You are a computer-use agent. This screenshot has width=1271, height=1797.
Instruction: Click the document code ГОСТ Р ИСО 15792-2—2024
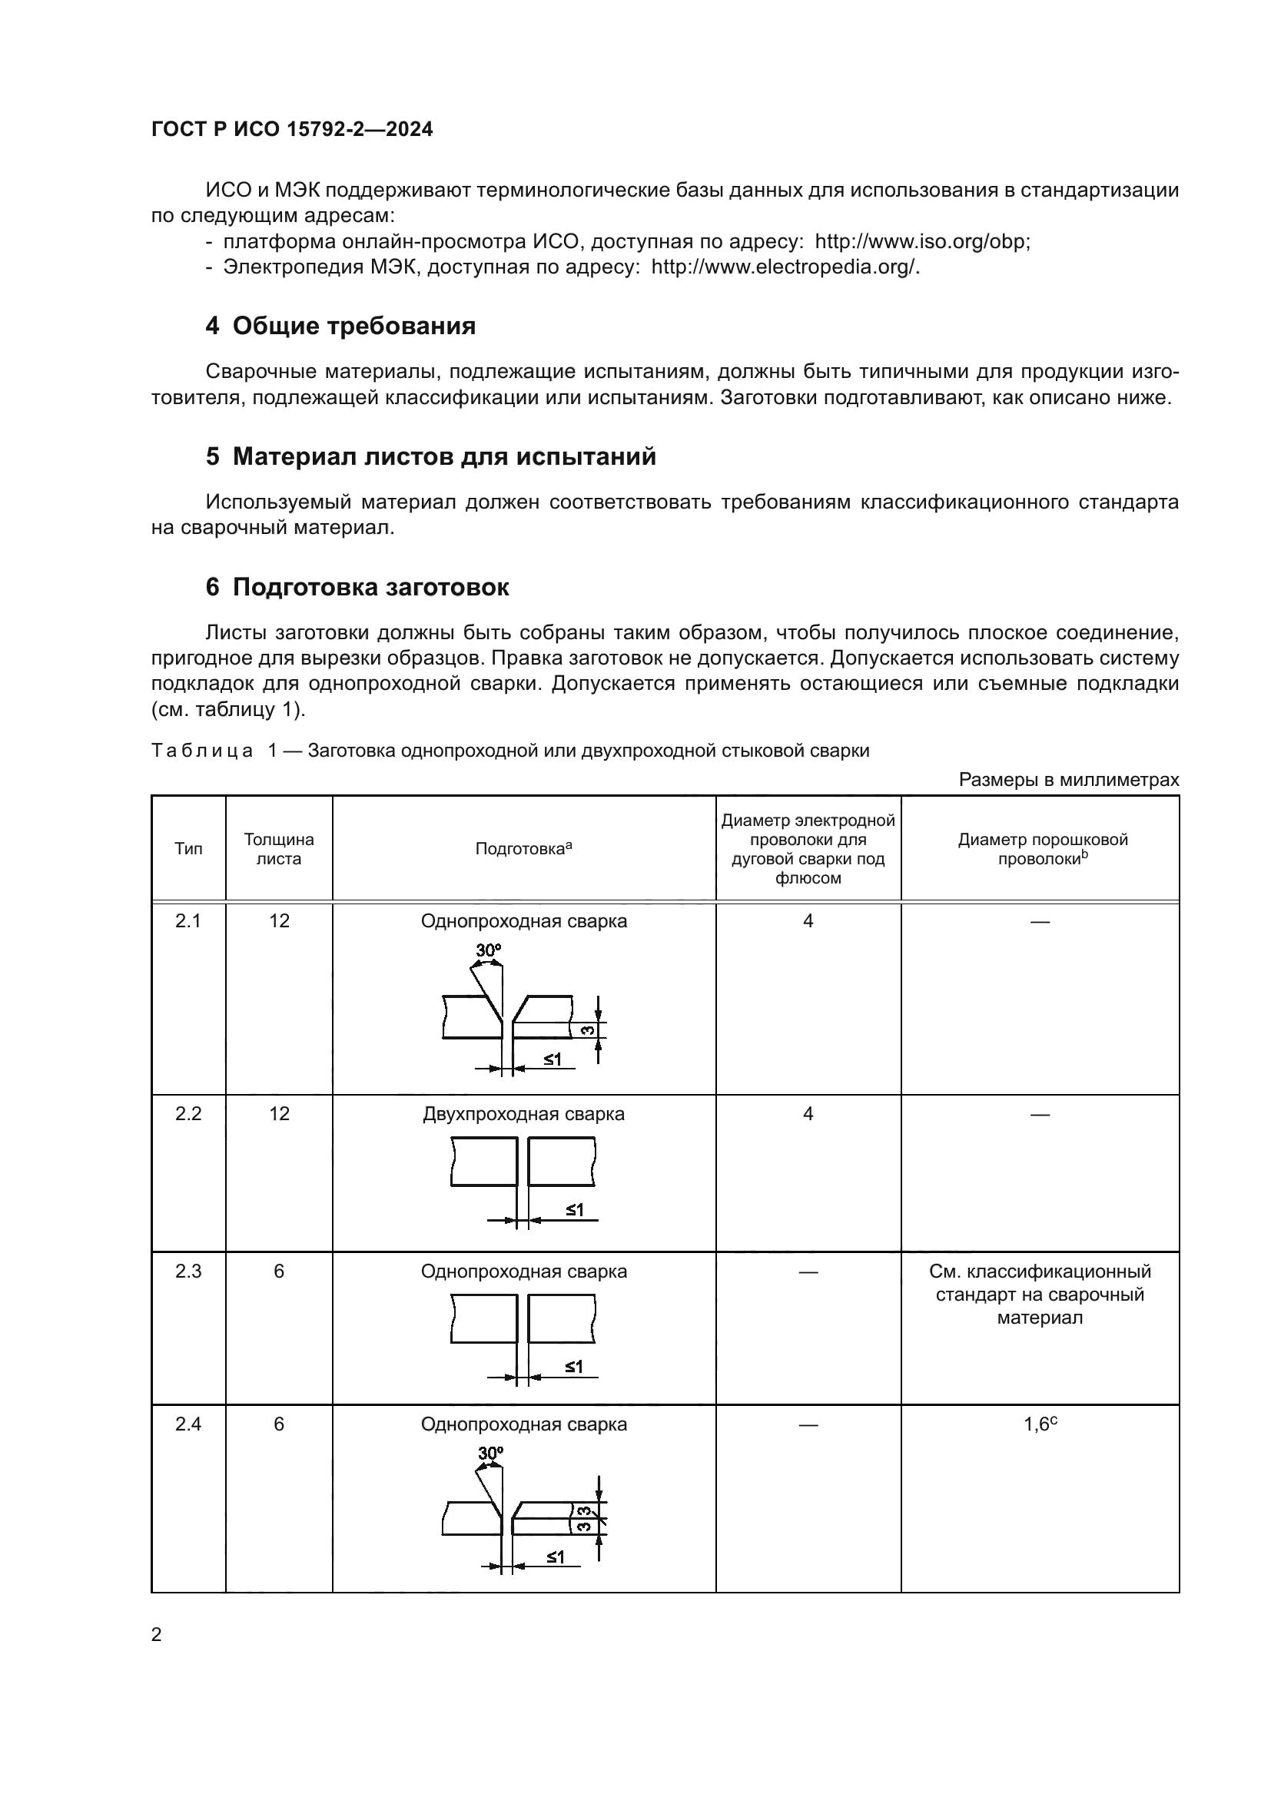tap(292, 129)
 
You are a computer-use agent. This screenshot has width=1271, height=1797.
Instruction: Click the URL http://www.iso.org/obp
tap(922, 241)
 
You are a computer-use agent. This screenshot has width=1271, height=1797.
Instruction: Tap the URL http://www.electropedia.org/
tap(785, 267)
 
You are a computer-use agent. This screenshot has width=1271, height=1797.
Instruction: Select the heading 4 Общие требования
tap(340, 326)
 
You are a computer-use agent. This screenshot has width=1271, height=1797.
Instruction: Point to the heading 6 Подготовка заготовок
tap(357, 587)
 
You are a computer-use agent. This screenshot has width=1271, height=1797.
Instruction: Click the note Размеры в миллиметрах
tap(1068, 780)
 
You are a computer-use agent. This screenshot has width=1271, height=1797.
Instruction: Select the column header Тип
tap(187, 849)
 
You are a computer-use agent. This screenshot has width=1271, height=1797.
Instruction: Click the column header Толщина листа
tap(279, 849)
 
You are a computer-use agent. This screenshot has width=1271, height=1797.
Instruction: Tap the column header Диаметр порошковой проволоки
tap(1042, 849)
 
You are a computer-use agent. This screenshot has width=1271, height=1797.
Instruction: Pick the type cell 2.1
tap(187, 921)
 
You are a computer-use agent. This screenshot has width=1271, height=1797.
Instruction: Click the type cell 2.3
tap(187, 1271)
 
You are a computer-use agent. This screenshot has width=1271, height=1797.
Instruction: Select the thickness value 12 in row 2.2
tap(279, 1114)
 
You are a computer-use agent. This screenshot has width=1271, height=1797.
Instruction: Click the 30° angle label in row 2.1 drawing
tap(489, 950)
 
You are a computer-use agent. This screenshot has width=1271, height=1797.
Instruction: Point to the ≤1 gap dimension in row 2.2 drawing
tap(575, 1210)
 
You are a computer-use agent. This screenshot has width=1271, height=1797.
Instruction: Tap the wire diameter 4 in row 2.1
tap(808, 921)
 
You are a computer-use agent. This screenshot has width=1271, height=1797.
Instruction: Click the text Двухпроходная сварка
tap(523, 1114)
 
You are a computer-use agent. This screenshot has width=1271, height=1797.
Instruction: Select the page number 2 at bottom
tap(157, 1635)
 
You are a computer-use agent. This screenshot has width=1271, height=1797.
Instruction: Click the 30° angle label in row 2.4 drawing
tap(490, 1454)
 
